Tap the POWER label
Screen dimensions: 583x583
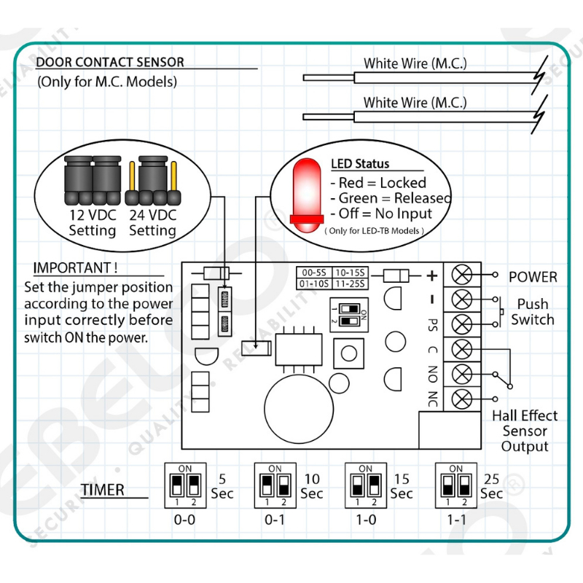click(533, 277)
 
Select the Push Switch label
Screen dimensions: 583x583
click(532, 312)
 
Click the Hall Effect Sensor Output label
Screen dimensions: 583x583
click(525, 431)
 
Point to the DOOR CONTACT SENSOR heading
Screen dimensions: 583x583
click(110, 63)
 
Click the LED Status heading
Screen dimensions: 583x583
click(360, 164)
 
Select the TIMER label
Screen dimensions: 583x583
click(103, 489)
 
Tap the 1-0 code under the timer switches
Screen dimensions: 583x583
click(366, 522)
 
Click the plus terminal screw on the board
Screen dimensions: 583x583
click(461, 275)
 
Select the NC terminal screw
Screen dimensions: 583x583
click(461, 399)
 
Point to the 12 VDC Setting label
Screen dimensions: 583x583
click(93, 223)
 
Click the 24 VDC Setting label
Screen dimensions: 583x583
click(153, 223)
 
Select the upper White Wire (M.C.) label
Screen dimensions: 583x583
click(415, 63)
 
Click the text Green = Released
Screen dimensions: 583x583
click(391, 198)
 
